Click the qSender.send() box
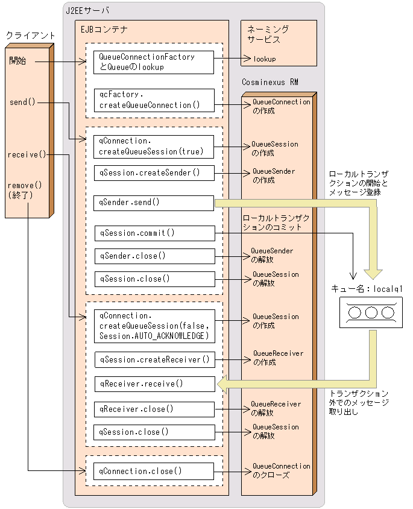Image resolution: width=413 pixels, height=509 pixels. pos(154,203)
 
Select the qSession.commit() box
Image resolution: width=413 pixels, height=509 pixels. pos(154,233)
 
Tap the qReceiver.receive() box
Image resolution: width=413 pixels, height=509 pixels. pos(154,384)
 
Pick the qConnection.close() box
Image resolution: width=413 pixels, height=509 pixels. pos(154,471)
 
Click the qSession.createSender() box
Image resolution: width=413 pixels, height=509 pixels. pos(154,172)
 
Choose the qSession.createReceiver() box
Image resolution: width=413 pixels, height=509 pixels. pos(154,359)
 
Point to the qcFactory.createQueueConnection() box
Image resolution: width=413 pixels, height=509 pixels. pos(154,100)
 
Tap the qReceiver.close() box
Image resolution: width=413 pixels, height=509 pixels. pos(154,409)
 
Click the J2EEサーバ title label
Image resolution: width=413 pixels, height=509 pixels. pos(87,11)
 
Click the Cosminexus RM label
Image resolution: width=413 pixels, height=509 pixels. pos(270,81)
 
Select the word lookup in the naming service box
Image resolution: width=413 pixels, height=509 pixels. pos(265,59)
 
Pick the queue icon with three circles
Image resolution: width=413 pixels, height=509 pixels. pos(371,313)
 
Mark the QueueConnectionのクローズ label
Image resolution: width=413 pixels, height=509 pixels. pos(281,470)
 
